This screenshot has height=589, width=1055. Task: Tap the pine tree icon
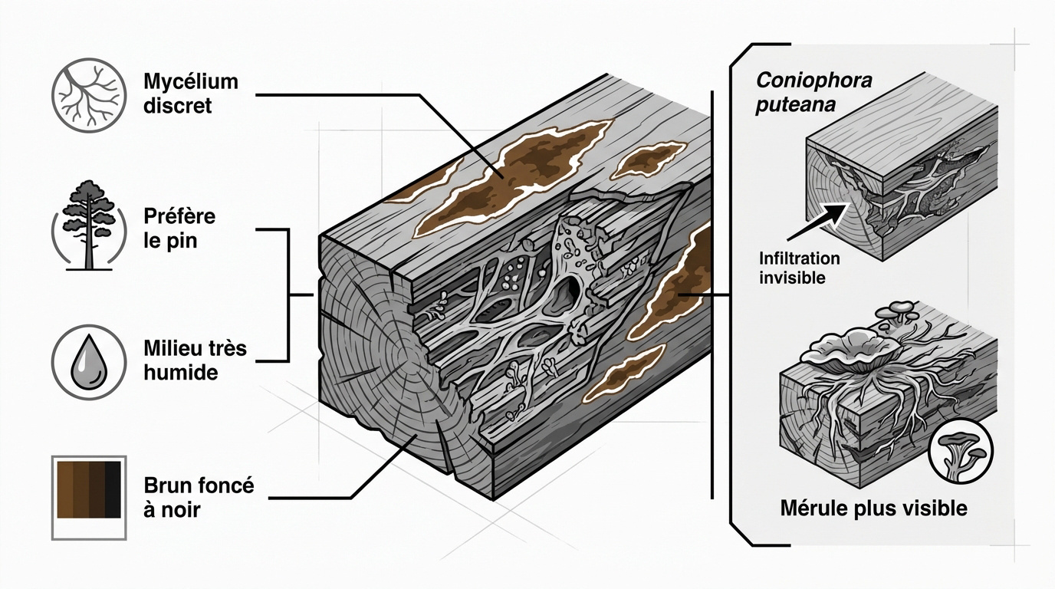[87, 226]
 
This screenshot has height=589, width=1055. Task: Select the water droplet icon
[86, 360]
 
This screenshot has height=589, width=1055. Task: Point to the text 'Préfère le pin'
[179, 228]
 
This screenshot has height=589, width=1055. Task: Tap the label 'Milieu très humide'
[195, 360]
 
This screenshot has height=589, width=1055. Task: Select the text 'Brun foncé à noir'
[198, 497]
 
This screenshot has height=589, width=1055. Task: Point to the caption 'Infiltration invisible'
[799, 268]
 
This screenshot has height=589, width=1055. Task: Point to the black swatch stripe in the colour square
[113, 489]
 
